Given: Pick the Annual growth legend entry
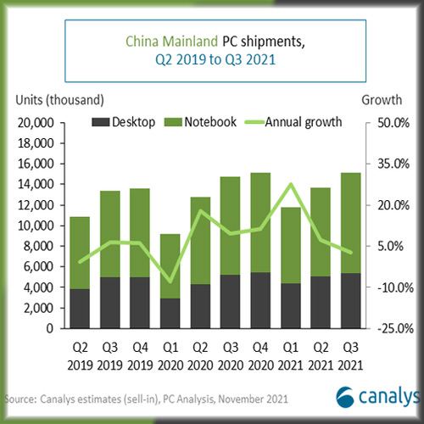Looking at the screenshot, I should coord(292,122).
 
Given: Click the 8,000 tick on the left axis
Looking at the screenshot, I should coord(35,246).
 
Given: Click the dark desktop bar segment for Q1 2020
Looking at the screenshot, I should coord(170,312).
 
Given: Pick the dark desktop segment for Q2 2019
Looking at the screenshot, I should coord(80,308).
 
